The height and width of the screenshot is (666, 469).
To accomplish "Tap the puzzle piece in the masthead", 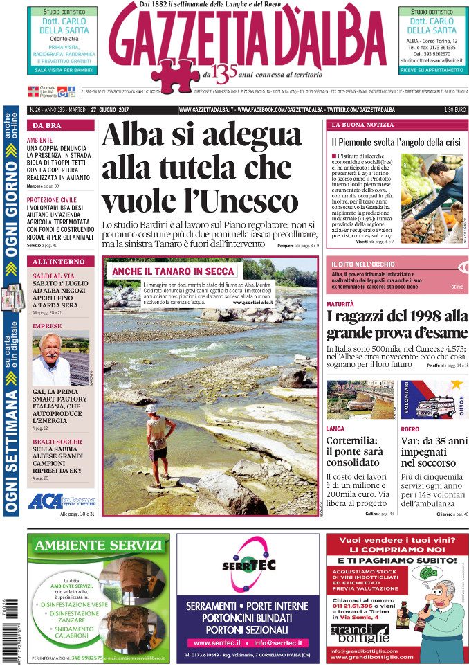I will (x=174, y=75).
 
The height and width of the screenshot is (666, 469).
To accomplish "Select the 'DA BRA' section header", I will (x=48, y=125).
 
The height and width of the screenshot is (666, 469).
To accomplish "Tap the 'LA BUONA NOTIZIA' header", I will (x=360, y=125).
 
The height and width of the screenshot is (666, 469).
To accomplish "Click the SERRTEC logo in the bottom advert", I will (x=247, y=565).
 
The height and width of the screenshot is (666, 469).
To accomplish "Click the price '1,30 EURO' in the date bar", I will (x=454, y=110).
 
